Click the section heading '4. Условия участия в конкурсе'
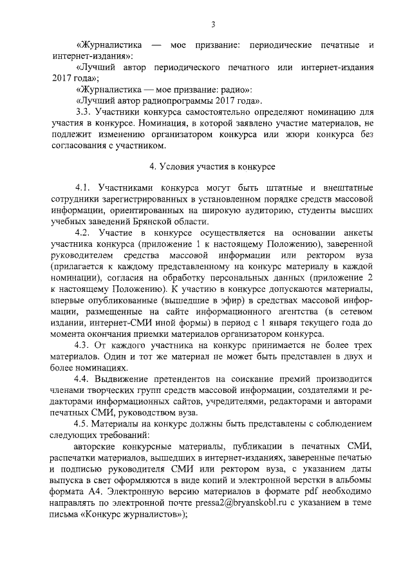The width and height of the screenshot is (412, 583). [x=212, y=166]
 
